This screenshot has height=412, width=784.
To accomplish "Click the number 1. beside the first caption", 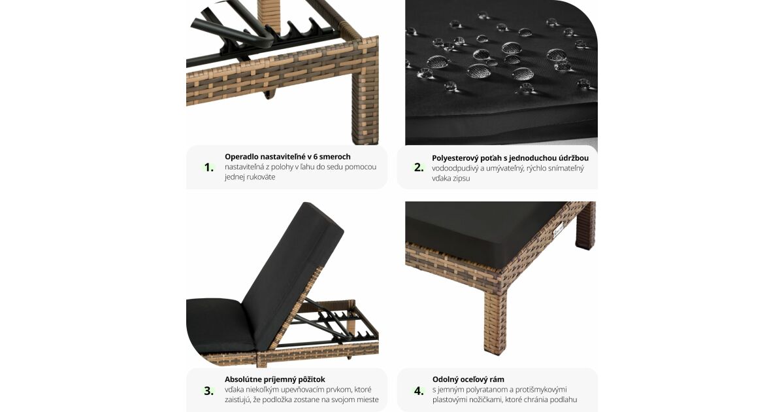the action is click(x=209, y=167).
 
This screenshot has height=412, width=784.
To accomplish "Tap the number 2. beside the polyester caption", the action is click(x=419, y=167).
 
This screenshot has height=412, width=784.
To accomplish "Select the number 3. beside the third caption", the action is click(x=209, y=390).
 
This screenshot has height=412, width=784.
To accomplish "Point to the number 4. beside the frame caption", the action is click(x=419, y=390).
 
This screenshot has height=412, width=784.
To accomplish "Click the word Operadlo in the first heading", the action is click(x=242, y=157).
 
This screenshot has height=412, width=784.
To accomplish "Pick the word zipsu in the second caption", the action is click(x=461, y=179).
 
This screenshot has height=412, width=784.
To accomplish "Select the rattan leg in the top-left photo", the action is click(x=365, y=105).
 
